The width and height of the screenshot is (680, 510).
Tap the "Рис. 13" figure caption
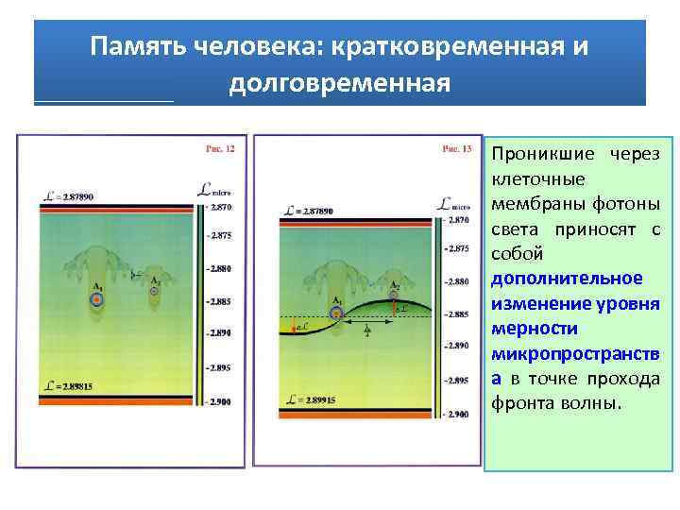pyautogui.click(x=457, y=148)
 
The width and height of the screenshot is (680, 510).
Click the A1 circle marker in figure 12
pyautogui.click(x=96, y=299)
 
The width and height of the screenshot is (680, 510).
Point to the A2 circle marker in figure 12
pyautogui.click(x=156, y=292)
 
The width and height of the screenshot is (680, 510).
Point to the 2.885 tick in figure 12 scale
pyautogui.click(x=221, y=301)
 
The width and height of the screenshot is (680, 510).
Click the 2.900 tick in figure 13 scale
pyautogui.click(x=457, y=415)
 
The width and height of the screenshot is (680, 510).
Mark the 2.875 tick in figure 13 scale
pyautogui.click(x=457, y=248)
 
